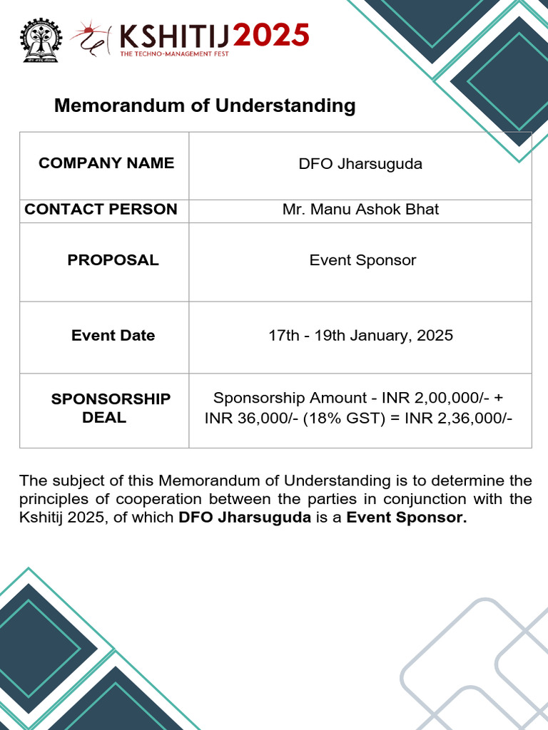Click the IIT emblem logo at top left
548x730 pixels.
41,40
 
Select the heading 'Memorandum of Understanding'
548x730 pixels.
205,106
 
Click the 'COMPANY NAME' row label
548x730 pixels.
106,163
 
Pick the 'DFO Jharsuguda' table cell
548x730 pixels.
360,164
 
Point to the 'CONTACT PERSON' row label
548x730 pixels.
101,210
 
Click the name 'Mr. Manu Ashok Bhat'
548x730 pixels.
360,210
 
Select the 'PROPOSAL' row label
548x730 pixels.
113,260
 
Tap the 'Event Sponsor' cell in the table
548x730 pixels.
362,260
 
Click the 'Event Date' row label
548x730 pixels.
113,336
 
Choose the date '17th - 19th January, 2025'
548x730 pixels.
360,336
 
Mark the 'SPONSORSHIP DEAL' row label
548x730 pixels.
111,408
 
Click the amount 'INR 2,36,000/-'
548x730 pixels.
458,418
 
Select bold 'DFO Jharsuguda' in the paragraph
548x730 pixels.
245,518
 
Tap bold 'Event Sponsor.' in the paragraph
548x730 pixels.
406,518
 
